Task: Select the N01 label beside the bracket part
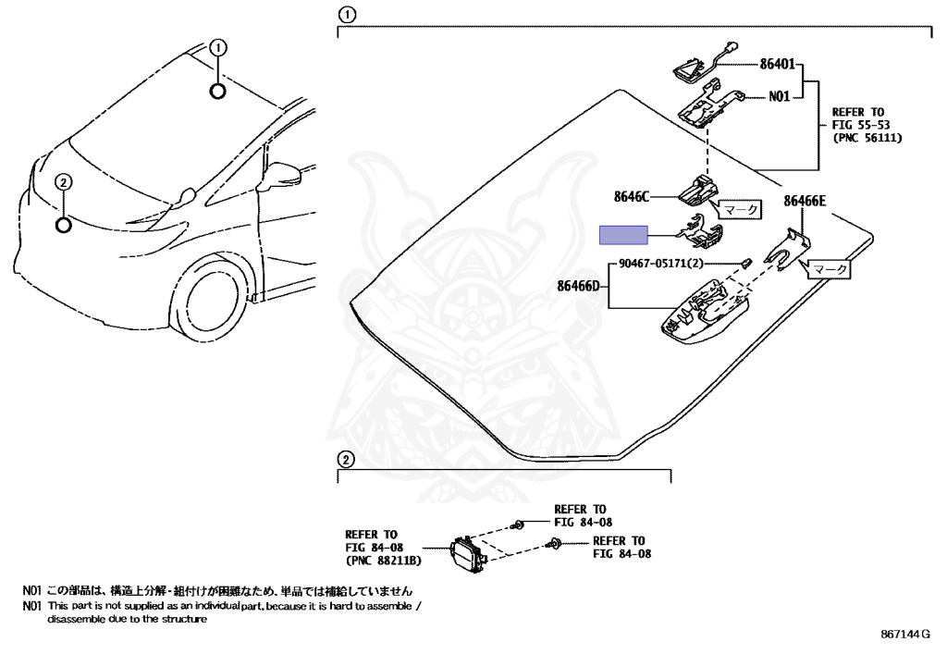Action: (x=780, y=95)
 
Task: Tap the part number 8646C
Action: (x=632, y=196)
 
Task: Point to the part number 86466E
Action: (x=806, y=201)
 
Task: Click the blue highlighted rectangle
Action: (x=626, y=234)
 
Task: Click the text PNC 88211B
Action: (x=383, y=561)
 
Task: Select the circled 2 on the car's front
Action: (x=63, y=182)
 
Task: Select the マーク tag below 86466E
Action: (x=829, y=269)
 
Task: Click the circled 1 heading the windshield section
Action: (x=345, y=15)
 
